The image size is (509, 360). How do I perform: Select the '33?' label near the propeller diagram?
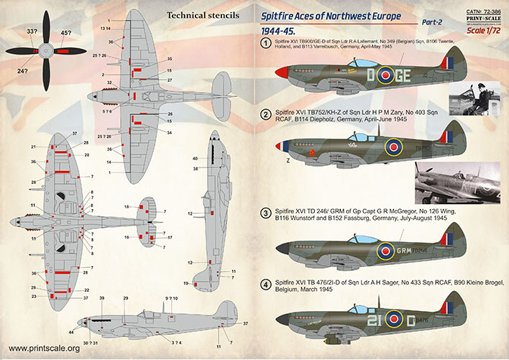[x=32, y=31]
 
